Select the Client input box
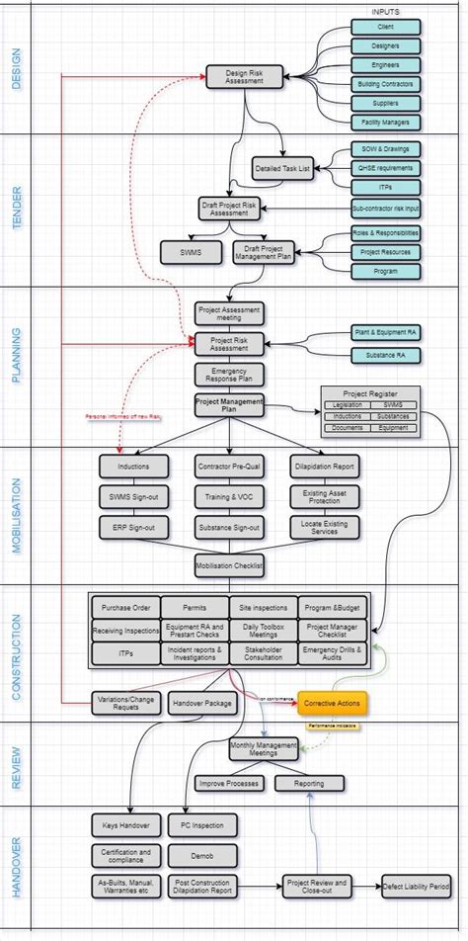click(x=384, y=28)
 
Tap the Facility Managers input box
click(x=384, y=123)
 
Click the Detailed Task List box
click(x=283, y=169)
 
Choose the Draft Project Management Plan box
click(x=264, y=252)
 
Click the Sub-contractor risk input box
click(x=385, y=209)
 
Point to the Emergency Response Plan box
click(x=229, y=374)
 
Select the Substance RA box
click(x=384, y=354)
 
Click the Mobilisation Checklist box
click(x=229, y=562)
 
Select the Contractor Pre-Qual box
click(x=229, y=466)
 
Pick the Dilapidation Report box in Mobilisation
click(x=325, y=466)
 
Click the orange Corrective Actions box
click(x=333, y=703)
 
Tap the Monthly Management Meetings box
click(x=264, y=749)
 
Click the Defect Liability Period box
click(x=416, y=887)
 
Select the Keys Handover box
click(x=125, y=824)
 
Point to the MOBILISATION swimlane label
click(x=17, y=515)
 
